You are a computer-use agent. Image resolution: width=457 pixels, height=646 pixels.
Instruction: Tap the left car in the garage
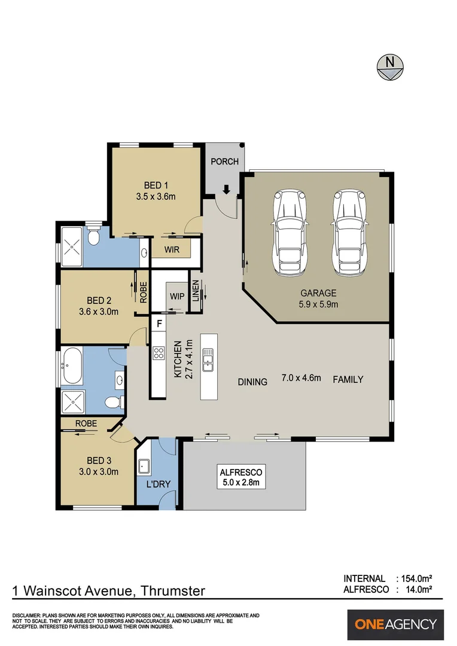coord(290,233)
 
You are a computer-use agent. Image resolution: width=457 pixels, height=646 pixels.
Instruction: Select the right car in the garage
coord(350,233)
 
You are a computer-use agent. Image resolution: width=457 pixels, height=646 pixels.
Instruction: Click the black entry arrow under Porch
coord(226,190)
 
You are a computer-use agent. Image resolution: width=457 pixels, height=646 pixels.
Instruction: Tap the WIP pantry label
coord(177,296)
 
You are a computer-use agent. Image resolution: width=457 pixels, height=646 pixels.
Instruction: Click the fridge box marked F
coord(159,324)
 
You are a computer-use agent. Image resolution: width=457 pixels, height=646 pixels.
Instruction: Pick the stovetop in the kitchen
coord(159,354)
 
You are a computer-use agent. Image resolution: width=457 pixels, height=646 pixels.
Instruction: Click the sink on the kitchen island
coord(208,361)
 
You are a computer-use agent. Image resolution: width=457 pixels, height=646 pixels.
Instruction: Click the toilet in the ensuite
coord(92,239)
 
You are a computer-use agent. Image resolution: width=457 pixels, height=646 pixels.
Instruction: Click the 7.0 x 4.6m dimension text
coord(301,378)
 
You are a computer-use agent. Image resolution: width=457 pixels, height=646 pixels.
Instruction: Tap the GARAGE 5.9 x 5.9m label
coord(318,298)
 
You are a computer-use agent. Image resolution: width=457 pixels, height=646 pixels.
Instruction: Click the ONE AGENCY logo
coord(396,624)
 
